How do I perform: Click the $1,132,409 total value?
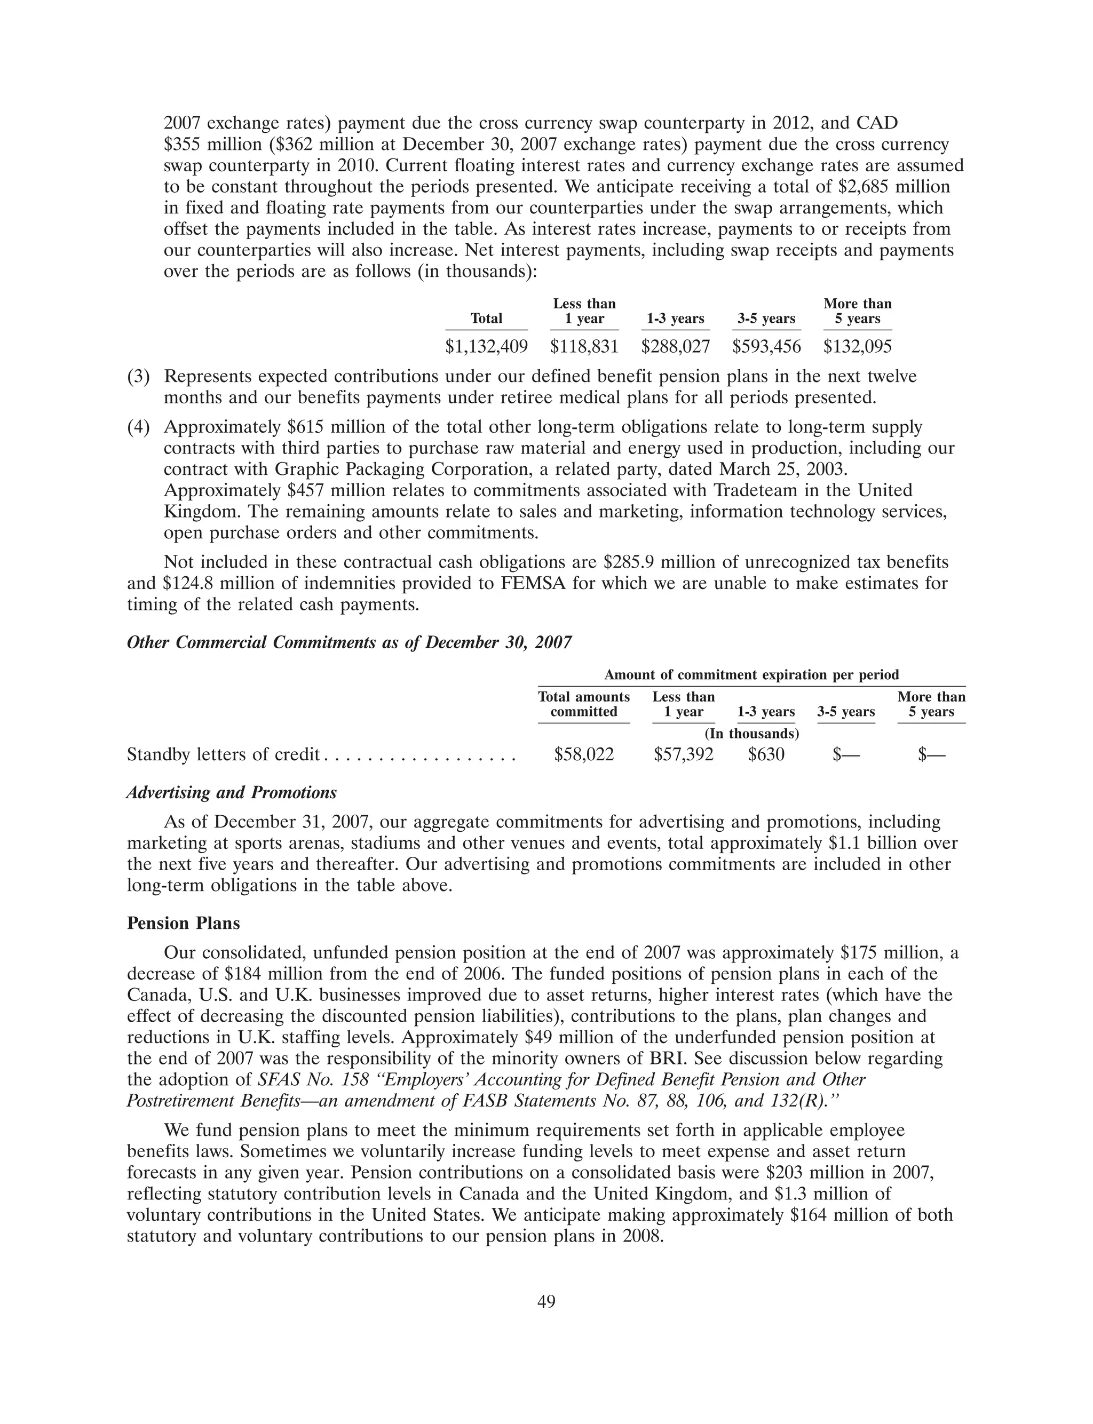coord(486,347)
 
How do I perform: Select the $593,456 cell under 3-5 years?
coord(766,347)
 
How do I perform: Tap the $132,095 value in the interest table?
coord(858,347)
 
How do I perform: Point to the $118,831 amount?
coord(584,347)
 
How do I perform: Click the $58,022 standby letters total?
coord(583,754)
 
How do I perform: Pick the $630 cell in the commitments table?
coord(766,754)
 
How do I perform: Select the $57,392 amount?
coord(683,754)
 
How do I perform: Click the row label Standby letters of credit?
coord(223,754)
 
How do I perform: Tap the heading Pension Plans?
coord(184,924)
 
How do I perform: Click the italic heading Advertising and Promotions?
coord(232,793)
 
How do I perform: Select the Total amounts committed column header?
coord(583,704)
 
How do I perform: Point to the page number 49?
coord(546,1301)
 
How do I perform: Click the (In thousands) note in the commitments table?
coord(751,734)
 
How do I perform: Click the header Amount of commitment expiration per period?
coord(751,675)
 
